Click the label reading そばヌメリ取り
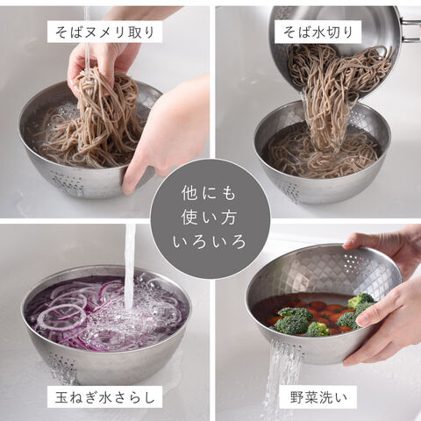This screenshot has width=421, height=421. (104, 32)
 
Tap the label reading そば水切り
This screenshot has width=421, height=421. (318, 32)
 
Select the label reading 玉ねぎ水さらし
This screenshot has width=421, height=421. (104, 397)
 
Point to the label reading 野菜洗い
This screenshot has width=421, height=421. (318, 397)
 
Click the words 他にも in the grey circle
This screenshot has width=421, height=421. (209, 193)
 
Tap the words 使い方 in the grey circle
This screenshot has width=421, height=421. (209, 218)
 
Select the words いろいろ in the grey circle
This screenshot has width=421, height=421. (210, 242)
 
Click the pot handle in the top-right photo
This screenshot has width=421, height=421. (410, 29)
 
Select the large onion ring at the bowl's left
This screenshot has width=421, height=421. (61, 318)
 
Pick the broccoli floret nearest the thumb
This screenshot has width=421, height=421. (348, 320)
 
